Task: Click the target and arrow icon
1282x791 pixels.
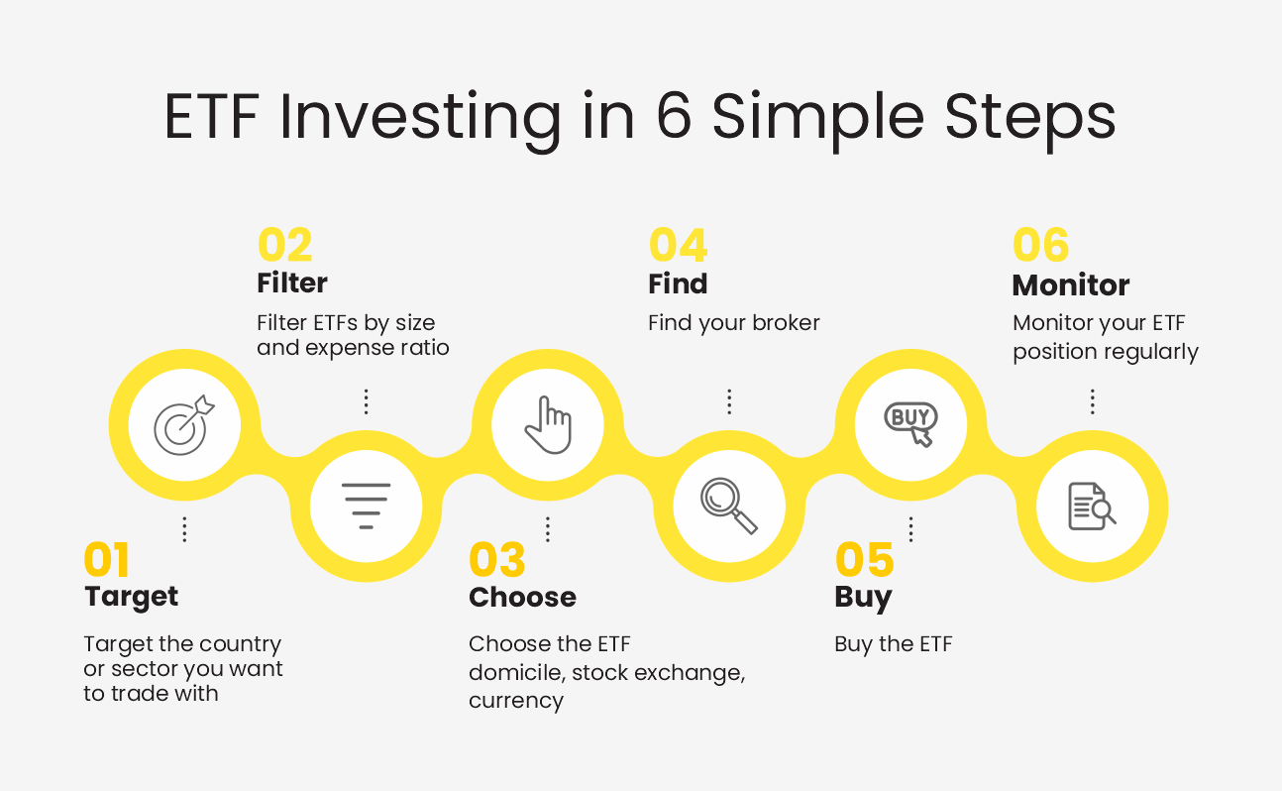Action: click(x=184, y=425)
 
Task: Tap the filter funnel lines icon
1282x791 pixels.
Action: click(x=366, y=506)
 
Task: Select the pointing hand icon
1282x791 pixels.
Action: click(x=548, y=424)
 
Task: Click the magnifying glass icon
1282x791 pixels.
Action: click(x=729, y=506)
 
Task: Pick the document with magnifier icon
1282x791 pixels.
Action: click(x=1092, y=507)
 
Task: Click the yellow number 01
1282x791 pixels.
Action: click(x=106, y=559)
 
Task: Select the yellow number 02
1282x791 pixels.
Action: click(x=285, y=245)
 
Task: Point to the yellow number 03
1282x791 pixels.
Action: click(x=496, y=559)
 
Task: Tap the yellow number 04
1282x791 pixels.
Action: click(x=679, y=245)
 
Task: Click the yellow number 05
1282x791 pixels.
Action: click(x=864, y=559)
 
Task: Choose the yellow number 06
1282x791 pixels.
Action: click(x=1040, y=245)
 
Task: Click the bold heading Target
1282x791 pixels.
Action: click(x=131, y=598)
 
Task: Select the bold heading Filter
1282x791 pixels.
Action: click(x=292, y=282)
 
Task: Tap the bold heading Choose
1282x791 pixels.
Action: click(x=522, y=598)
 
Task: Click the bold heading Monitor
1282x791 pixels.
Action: click(x=1071, y=285)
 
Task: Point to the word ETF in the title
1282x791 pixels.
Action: click(x=212, y=117)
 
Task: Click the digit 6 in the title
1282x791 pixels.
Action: click(x=674, y=116)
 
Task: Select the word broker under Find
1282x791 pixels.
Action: click(x=786, y=323)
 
